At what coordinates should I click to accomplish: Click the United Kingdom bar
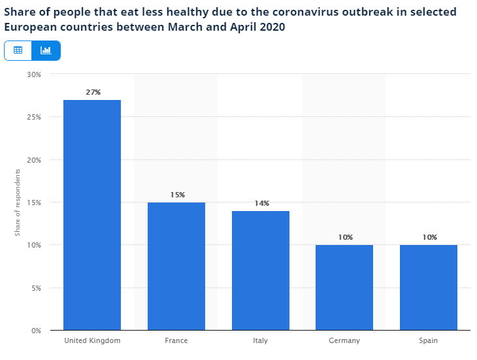pyautogui.click(x=92, y=215)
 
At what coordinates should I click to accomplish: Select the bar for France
pyautogui.click(x=176, y=266)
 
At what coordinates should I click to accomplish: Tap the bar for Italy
pyautogui.click(x=260, y=270)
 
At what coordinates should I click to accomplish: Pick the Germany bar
pyautogui.click(x=344, y=287)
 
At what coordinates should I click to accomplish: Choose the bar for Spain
pyautogui.click(x=429, y=287)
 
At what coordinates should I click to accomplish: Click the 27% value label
pyautogui.click(x=93, y=92)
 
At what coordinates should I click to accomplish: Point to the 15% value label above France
pyautogui.click(x=176, y=195)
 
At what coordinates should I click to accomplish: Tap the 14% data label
pyautogui.click(x=261, y=203)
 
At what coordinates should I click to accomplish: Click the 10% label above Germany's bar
pyautogui.click(x=345, y=237)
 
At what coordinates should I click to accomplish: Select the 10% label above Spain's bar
pyautogui.click(x=429, y=237)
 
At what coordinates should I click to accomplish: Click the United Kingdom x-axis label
pyautogui.click(x=92, y=340)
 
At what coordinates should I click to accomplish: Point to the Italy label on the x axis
pyautogui.click(x=260, y=340)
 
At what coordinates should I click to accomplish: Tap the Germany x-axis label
pyautogui.click(x=344, y=340)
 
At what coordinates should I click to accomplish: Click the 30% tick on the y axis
pyautogui.click(x=34, y=74)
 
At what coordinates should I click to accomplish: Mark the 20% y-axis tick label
pyautogui.click(x=34, y=160)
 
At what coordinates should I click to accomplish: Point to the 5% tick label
pyautogui.click(x=36, y=288)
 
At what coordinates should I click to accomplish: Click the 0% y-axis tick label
pyautogui.click(x=36, y=331)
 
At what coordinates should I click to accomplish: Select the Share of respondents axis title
pyautogui.click(x=18, y=203)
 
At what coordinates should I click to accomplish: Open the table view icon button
pyautogui.click(x=18, y=50)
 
